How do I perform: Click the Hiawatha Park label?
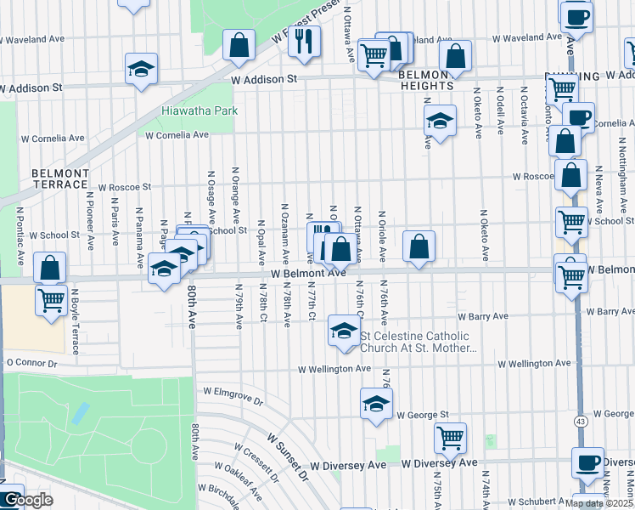click(200, 110)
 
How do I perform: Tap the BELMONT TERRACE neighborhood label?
click(60, 178)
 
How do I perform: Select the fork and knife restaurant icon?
click(303, 40)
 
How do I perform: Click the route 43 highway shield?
click(581, 422)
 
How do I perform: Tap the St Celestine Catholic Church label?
click(419, 342)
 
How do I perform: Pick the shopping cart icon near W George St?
click(450, 438)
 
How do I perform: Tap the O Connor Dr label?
click(31, 363)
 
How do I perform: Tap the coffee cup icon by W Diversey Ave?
click(587, 462)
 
